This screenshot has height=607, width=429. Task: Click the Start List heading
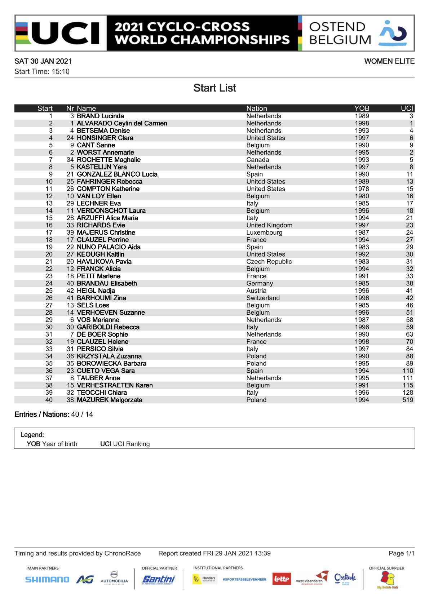pos(214,88)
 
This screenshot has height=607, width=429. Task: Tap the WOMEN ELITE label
pos(389,61)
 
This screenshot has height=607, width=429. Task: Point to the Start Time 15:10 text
pos(42,71)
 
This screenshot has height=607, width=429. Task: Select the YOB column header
pos(362,108)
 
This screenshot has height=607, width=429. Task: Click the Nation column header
pos(257,108)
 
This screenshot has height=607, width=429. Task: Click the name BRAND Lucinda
pos(100,116)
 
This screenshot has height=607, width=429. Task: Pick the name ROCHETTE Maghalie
pos(109,160)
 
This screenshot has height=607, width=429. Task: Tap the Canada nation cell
pos(257,160)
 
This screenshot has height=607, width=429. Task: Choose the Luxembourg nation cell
pos(264,232)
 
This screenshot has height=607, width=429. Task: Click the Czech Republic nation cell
pos(269,262)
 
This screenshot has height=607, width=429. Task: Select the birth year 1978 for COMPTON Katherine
pos(362,189)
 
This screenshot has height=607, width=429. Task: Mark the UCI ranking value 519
pos(408,400)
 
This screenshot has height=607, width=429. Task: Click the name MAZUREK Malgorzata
pos(109,400)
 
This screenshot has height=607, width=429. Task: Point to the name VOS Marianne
pos(98,320)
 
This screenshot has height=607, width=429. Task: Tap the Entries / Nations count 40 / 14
pos(82,415)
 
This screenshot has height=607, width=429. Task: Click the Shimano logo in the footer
pos(47,579)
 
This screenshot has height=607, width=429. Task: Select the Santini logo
pos(159,579)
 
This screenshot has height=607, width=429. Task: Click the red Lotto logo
pos(282,579)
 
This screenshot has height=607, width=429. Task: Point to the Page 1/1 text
pos(401,553)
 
